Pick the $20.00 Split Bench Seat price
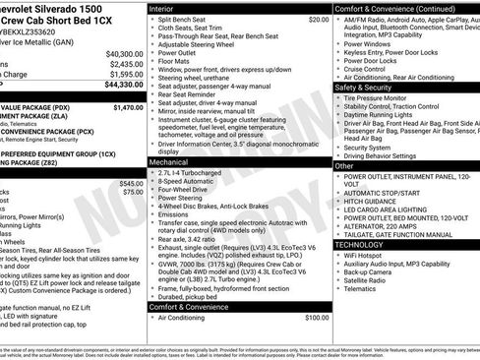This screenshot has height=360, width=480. click(x=319, y=19)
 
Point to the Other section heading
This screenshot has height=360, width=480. click(x=344, y=166)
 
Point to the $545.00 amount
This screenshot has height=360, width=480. click(x=131, y=183)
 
